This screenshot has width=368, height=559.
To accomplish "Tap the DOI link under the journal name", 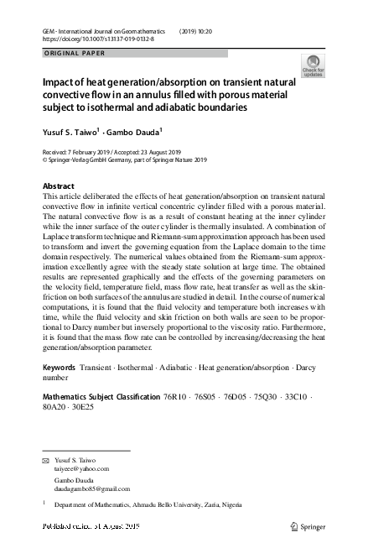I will [100, 39].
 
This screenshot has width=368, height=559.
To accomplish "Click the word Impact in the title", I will [60, 84].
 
